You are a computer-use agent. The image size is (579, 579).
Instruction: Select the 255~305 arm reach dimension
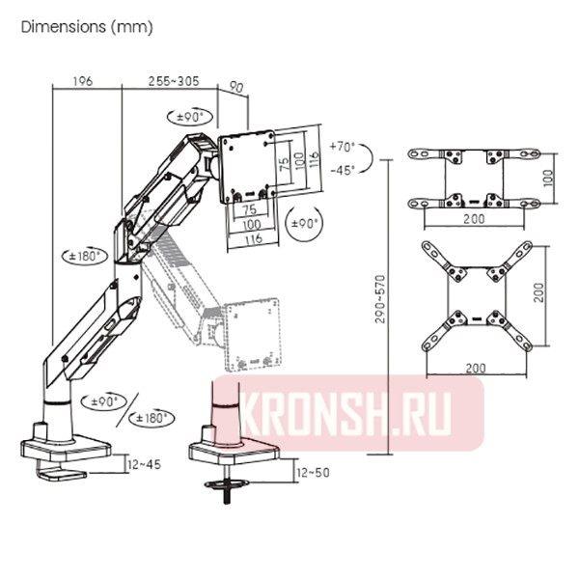click(174, 82)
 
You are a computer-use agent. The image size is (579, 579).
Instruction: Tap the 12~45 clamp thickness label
click(142, 465)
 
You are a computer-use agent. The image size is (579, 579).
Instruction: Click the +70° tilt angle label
click(342, 148)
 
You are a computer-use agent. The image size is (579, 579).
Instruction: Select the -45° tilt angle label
click(342, 169)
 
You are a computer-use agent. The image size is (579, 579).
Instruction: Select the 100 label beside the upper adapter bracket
click(549, 179)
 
